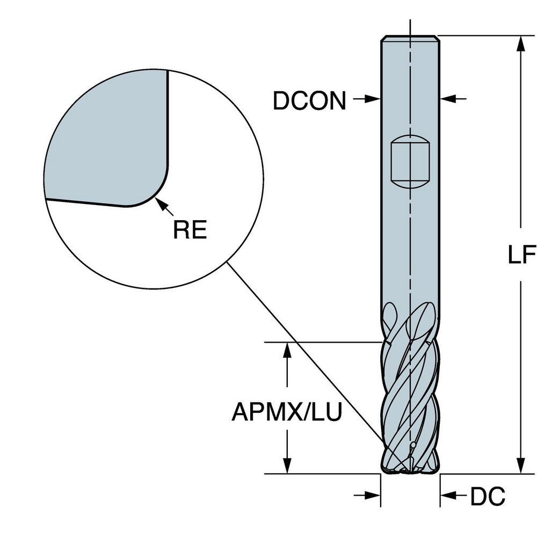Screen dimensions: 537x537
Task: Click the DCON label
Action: click(x=309, y=100)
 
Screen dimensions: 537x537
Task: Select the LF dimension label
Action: click(x=522, y=255)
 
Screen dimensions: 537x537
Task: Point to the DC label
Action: click(x=488, y=497)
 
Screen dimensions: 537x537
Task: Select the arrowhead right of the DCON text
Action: click(x=374, y=99)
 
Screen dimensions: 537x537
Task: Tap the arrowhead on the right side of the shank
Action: click(x=447, y=99)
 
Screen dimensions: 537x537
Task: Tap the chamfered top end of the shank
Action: click(x=410, y=38)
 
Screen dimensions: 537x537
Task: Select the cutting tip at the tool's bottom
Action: click(x=410, y=467)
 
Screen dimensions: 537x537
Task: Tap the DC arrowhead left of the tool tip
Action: click(x=373, y=496)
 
